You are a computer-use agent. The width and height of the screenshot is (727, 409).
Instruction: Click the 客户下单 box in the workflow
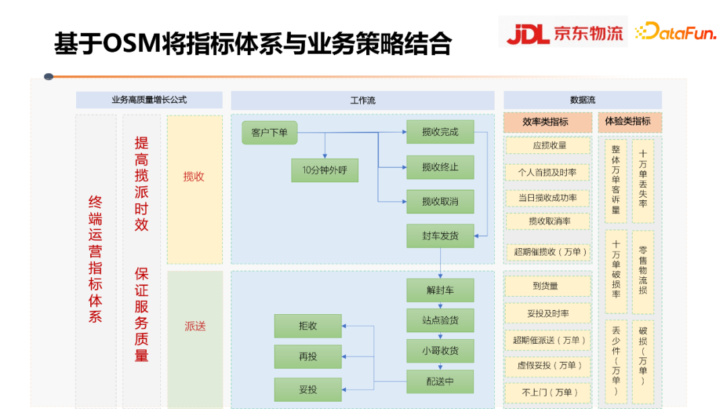point(269,133)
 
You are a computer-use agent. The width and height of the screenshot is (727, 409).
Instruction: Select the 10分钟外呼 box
point(324,170)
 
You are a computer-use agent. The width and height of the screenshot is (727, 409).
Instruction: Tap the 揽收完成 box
point(440,132)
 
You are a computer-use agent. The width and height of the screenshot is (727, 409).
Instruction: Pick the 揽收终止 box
point(440,167)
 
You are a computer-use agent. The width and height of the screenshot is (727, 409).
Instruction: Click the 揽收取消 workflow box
point(440,202)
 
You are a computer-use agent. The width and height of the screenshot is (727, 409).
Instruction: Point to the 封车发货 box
point(440,235)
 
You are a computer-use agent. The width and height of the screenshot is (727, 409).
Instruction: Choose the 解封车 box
point(440,291)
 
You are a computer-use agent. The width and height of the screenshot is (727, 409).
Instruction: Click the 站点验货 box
point(440,320)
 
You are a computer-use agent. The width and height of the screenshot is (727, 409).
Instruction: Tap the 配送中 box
point(440,381)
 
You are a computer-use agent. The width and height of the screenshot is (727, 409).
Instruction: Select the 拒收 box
point(308,326)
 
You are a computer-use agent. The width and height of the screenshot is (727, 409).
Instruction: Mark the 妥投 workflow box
point(308,389)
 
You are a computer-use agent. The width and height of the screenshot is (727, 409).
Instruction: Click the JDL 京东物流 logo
point(563,32)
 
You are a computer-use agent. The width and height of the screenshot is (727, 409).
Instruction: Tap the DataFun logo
point(676,32)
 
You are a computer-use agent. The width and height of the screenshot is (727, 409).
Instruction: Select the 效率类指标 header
point(547,122)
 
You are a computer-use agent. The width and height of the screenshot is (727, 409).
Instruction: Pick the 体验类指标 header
point(629,122)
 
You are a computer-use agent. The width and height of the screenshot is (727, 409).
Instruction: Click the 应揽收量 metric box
point(549,145)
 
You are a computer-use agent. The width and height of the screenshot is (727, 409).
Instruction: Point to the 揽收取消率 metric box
point(549,221)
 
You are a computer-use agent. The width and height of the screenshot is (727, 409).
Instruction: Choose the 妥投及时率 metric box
point(547,313)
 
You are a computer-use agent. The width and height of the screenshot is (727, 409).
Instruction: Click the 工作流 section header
point(363,100)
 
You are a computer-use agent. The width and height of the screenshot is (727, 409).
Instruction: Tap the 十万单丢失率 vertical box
point(643,181)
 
